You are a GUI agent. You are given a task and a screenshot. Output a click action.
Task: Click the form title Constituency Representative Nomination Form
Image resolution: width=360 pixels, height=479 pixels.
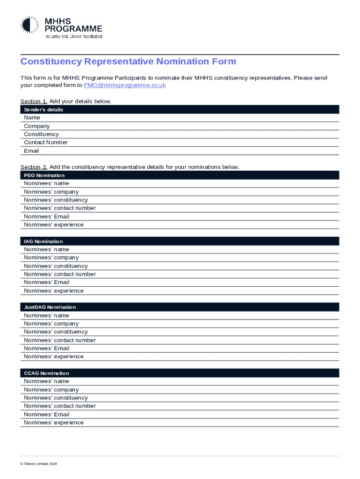[x=128, y=62]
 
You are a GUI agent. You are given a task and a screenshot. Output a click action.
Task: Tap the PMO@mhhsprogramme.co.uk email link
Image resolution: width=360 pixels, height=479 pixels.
[x=125, y=86]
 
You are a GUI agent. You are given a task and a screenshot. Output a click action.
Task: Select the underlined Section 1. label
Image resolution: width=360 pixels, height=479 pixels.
[x=34, y=102]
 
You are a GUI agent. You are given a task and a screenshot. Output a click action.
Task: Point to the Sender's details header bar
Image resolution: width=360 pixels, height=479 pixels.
[x=180, y=109]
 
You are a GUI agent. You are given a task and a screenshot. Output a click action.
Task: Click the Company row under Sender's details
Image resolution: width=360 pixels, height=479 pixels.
[x=37, y=126]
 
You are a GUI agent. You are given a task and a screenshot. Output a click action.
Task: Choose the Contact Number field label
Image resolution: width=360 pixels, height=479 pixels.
[x=46, y=142]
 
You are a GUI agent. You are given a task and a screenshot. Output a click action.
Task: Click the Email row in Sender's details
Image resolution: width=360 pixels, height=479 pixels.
[x=32, y=151]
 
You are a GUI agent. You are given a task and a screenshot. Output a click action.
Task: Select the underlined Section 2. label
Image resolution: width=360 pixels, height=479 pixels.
[x=34, y=167]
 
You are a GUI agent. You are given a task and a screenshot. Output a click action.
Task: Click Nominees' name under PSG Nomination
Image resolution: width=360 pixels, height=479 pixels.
[x=46, y=183]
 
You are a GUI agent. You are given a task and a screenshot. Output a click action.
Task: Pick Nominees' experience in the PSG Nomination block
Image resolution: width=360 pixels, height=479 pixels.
[x=54, y=225]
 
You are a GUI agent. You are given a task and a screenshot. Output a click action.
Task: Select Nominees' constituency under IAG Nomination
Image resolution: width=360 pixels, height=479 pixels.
[x=56, y=266]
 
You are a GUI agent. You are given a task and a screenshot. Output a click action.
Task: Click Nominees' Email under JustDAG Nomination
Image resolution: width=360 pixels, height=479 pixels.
[x=47, y=348]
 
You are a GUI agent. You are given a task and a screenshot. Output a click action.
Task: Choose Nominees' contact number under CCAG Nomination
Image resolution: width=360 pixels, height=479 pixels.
[x=60, y=406]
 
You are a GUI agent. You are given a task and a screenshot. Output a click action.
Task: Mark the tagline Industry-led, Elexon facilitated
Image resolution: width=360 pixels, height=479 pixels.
[x=73, y=36]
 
